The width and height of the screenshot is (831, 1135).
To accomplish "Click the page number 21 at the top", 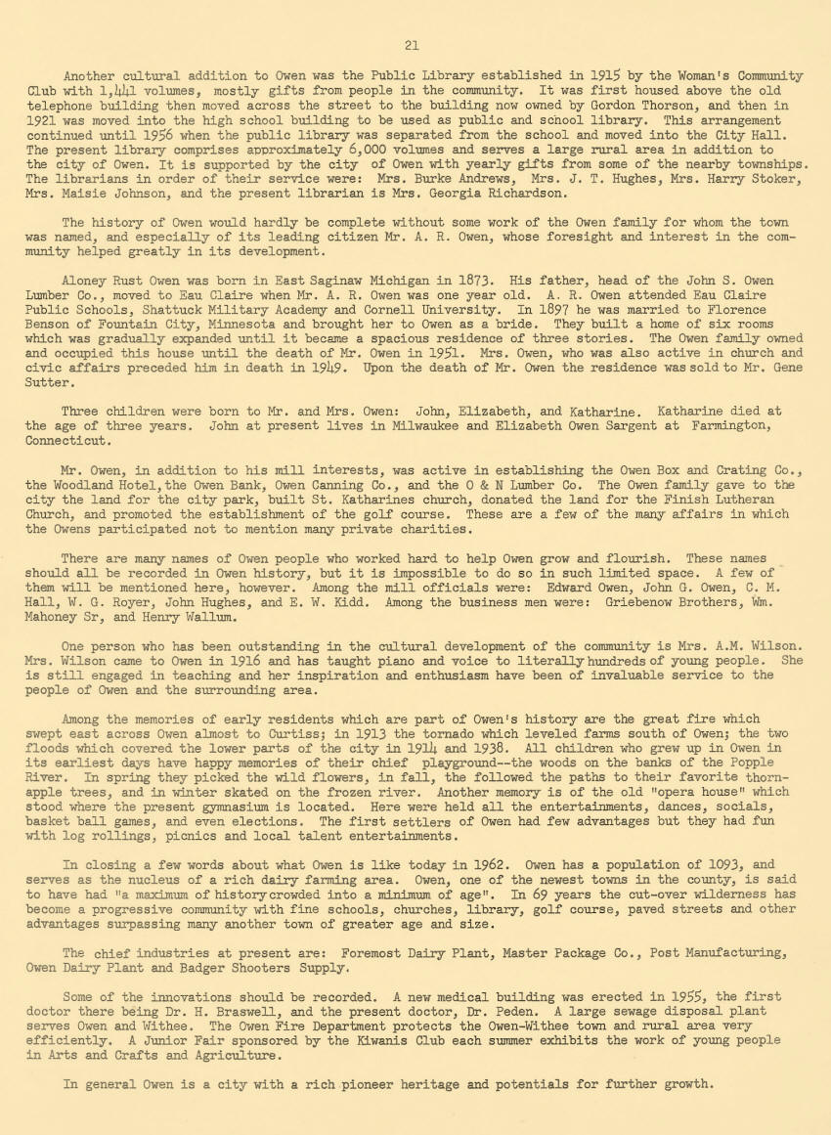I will click(412, 44).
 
